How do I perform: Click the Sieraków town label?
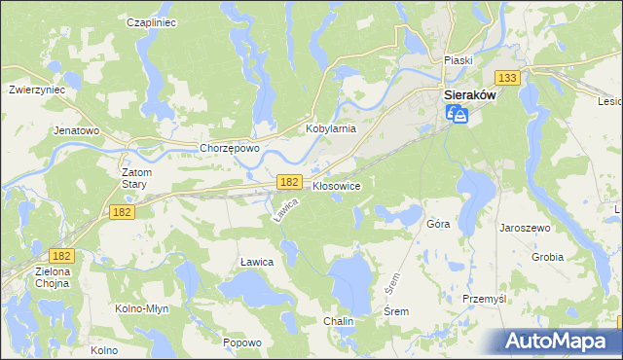[x=470, y=96]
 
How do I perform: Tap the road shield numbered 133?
[x=505, y=78]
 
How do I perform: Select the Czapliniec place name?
[x=151, y=21]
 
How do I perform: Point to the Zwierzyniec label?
[x=36, y=88]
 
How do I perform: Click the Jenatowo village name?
[x=77, y=129]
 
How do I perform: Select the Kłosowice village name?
[x=337, y=185]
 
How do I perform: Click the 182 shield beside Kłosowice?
[x=288, y=182]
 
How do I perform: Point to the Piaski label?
[x=458, y=60]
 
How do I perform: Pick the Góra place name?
[x=438, y=224]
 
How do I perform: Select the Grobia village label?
[x=547, y=258]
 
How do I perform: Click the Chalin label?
[x=338, y=320]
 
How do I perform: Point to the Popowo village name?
[x=242, y=342]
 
